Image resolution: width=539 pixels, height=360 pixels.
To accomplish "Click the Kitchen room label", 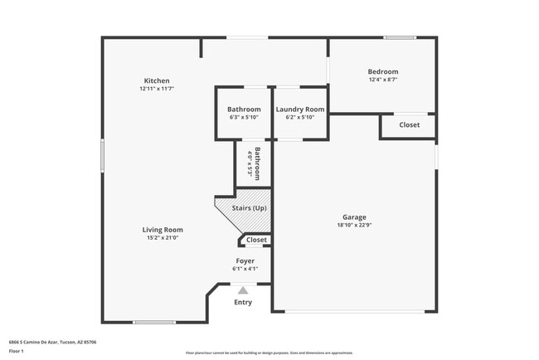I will pyautogui.click(x=157, y=80).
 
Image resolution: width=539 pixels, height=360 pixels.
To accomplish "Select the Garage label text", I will pyautogui.click(x=354, y=217).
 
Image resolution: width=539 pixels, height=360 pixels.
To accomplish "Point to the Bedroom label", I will pyautogui.click(x=383, y=72).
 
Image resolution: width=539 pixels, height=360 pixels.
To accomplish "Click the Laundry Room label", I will pyautogui.click(x=300, y=109).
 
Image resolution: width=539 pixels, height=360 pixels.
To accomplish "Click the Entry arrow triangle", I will pyautogui.click(x=243, y=290).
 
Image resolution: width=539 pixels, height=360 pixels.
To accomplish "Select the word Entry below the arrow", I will pyautogui.click(x=243, y=302).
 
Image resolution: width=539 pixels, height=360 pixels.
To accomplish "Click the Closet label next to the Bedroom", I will pyautogui.click(x=409, y=125).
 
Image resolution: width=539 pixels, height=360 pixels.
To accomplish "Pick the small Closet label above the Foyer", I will pyautogui.click(x=257, y=240).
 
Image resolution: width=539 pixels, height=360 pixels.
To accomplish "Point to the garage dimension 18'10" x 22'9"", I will pyautogui.click(x=354, y=225).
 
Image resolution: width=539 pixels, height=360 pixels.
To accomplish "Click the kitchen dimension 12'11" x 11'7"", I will pyautogui.click(x=157, y=89).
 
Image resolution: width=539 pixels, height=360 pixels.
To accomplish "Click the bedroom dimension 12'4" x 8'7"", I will pyautogui.click(x=383, y=80).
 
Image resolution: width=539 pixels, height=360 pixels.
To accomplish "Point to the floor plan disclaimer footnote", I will pyautogui.click(x=269, y=353).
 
